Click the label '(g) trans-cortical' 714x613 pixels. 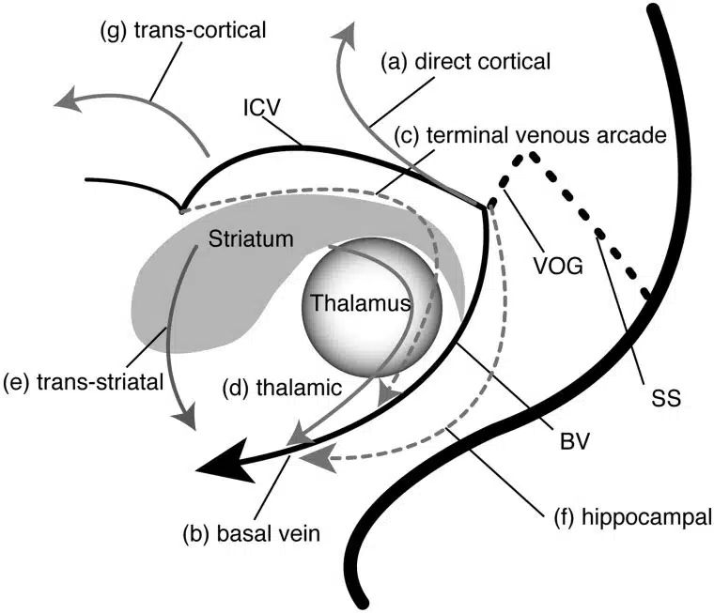182,31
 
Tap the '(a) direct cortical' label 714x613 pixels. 465,63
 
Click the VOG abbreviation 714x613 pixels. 555,265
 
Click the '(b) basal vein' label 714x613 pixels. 251,534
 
